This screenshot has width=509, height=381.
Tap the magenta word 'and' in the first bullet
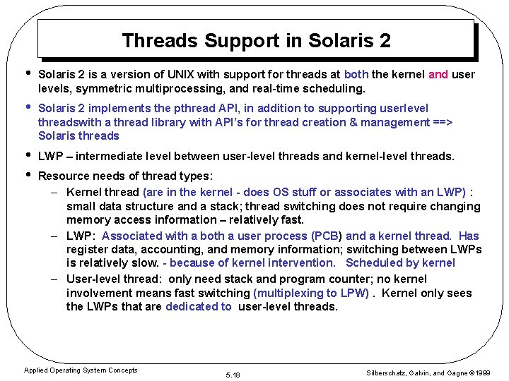(x=438, y=75)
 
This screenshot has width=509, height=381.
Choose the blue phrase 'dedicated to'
(x=198, y=307)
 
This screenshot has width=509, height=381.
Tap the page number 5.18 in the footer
(x=232, y=375)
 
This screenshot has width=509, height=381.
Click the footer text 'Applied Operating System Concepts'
(x=81, y=370)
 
